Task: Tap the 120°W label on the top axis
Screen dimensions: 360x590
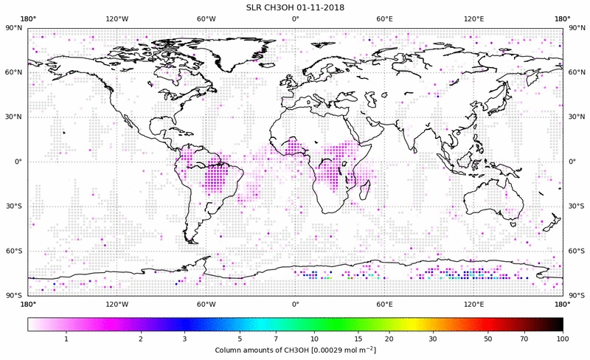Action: click(117, 19)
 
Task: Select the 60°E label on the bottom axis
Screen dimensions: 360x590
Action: click(384, 304)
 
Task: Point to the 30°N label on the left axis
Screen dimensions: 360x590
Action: click(13, 117)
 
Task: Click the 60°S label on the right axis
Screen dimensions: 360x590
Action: click(577, 251)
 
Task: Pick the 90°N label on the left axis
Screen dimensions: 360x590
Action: click(13, 28)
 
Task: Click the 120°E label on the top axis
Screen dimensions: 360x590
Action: click(473, 19)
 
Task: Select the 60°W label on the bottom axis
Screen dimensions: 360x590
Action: click(206, 304)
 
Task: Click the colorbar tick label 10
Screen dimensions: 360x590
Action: click(315, 338)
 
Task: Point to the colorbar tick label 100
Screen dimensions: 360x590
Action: click(563, 338)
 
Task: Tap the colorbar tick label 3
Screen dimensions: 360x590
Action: click(184, 338)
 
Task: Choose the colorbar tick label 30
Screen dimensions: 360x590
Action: click(433, 338)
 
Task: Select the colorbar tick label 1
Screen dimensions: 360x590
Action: click(66, 338)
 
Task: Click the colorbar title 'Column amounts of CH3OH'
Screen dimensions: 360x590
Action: click(262, 349)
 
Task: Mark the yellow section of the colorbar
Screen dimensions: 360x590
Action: click(413, 324)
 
